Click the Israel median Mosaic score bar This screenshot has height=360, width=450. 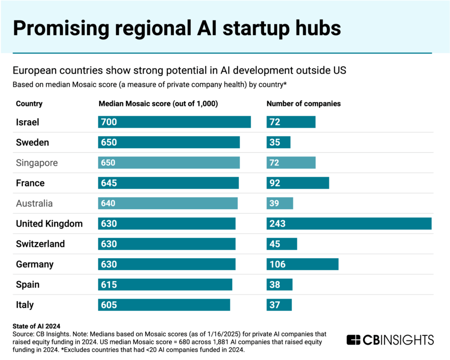[x=174, y=122]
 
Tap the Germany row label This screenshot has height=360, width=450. [x=35, y=264]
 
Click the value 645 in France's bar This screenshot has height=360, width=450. [x=109, y=183]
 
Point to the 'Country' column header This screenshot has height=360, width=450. [x=29, y=104]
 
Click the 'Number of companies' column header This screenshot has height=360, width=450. [x=304, y=104]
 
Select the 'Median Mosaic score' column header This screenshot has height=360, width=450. [x=158, y=104]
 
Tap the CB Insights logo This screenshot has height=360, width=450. [x=390, y=340]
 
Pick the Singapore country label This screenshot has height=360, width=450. [x=37, y=163]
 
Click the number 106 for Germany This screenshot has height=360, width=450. [x=278, y=264]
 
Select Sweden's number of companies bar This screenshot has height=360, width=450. [x=278, y=142]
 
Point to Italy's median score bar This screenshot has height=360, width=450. [x=164, y=305]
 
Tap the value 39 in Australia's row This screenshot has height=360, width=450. [x=275, y=204]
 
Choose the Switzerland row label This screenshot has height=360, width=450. [x=40, y=244]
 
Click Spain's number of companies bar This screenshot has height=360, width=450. [x=279, y=285]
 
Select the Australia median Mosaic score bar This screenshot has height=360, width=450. [x=168, y=204]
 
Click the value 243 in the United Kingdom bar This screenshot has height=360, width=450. [x=278, y=223]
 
